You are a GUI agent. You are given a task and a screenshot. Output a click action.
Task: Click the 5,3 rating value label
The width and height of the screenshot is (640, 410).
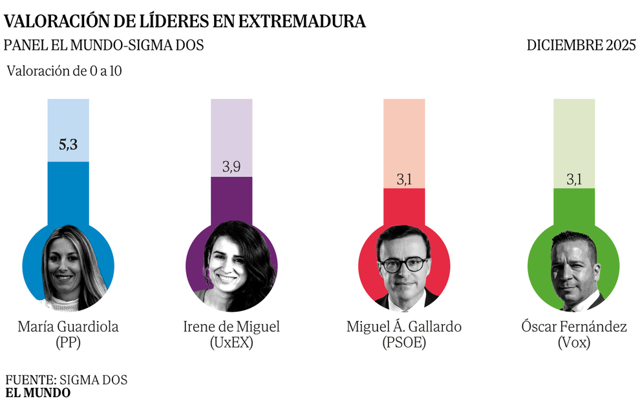pos(68,145)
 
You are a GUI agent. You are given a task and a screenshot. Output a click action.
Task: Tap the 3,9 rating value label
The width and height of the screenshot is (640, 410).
pos(232,167)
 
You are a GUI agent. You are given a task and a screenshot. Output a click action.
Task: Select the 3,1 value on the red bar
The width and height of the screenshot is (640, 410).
pos(404,179)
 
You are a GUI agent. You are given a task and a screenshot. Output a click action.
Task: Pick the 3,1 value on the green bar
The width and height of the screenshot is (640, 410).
pos(574,179)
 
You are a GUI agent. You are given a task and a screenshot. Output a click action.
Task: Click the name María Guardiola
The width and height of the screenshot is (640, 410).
pos(68,327)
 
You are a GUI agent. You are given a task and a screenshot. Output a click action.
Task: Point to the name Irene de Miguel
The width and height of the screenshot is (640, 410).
pos(231,327)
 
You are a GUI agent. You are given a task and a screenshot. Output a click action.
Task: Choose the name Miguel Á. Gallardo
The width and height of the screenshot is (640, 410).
pos(404,327)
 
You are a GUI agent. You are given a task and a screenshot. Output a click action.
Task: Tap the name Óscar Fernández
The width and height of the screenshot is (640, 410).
pos(574,327)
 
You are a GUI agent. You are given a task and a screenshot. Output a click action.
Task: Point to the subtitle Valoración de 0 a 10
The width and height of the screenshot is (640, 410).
pos(64,71)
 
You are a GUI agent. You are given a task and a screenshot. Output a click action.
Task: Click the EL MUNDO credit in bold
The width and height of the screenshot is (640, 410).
pos(38,393)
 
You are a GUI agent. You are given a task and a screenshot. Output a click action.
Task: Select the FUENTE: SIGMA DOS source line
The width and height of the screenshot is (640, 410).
pos(67,380)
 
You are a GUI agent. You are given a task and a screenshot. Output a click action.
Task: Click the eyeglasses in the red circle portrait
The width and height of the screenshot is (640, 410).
pos(403,264)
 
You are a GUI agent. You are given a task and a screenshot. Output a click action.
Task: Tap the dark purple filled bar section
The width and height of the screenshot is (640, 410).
pos(232,200)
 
